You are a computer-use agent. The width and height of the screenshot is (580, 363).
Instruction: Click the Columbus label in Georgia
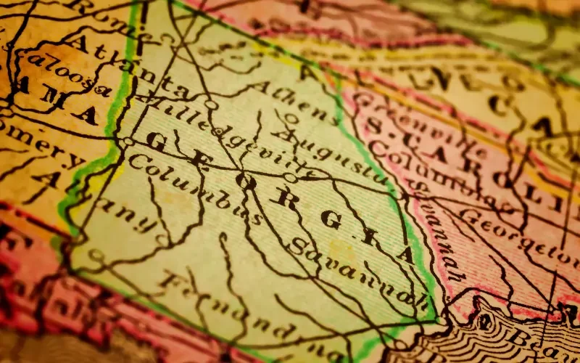[x=193, y=190]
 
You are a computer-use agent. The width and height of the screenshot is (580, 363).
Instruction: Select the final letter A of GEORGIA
[x=403, y=250]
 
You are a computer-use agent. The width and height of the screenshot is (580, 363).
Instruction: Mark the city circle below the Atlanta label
[x=128, y=142]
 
